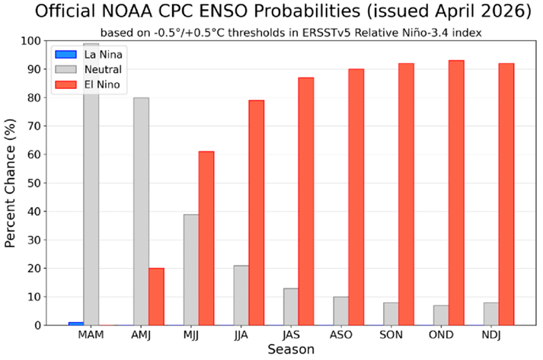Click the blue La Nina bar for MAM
click(x=75, y=323)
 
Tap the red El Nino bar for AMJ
click(x=156, y=296)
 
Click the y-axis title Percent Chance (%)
click(x=12, y=183)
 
